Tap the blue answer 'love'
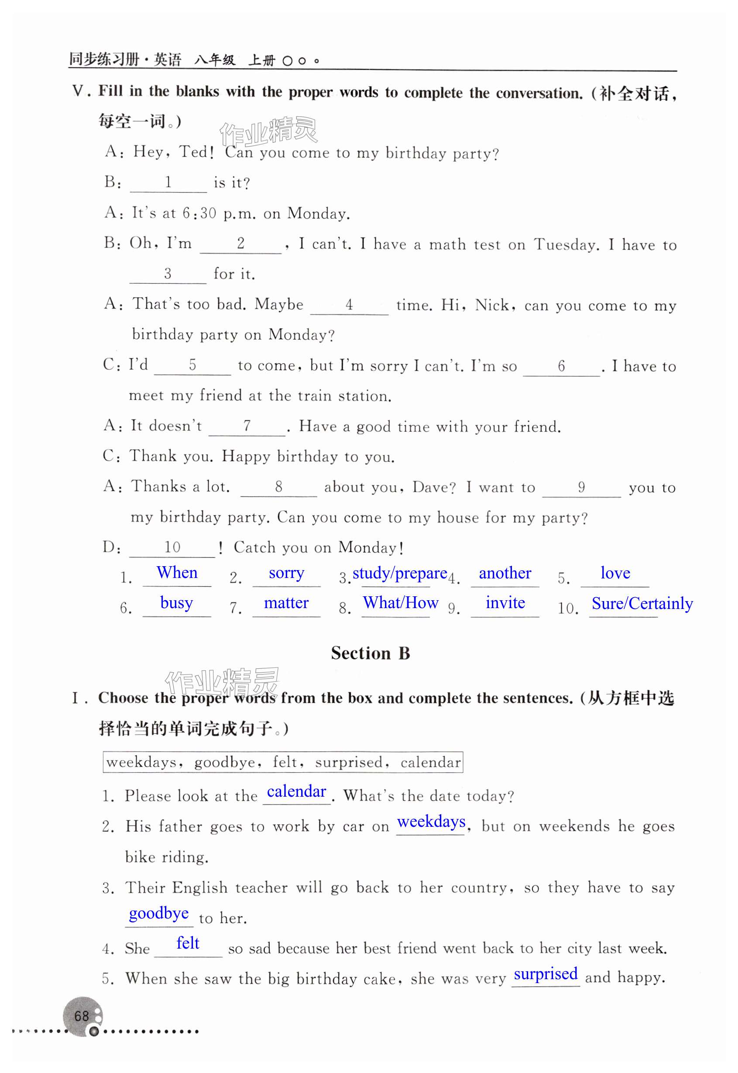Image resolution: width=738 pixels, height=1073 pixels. [x=615, y=573]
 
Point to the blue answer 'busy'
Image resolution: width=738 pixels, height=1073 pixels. [x=176, y=603]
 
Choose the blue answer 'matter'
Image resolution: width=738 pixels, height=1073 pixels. [x=286, y=603]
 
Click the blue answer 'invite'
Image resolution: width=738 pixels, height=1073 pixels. [x=505, y=603]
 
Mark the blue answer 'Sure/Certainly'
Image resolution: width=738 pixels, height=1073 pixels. [x=642, y=604]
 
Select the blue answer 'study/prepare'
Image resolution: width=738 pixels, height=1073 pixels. [x=399, y=574]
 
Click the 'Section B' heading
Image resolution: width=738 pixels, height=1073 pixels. [x=370, y=653]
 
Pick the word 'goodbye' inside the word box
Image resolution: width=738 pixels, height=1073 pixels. [x=224, y=762]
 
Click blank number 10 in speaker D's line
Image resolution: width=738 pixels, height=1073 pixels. [x=172, y=547]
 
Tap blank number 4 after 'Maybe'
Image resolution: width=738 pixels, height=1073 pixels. [x=349, y=305]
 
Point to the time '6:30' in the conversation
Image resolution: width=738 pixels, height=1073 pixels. [x=199, y=213]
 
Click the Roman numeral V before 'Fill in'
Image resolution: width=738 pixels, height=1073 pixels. [x=78, y=91]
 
